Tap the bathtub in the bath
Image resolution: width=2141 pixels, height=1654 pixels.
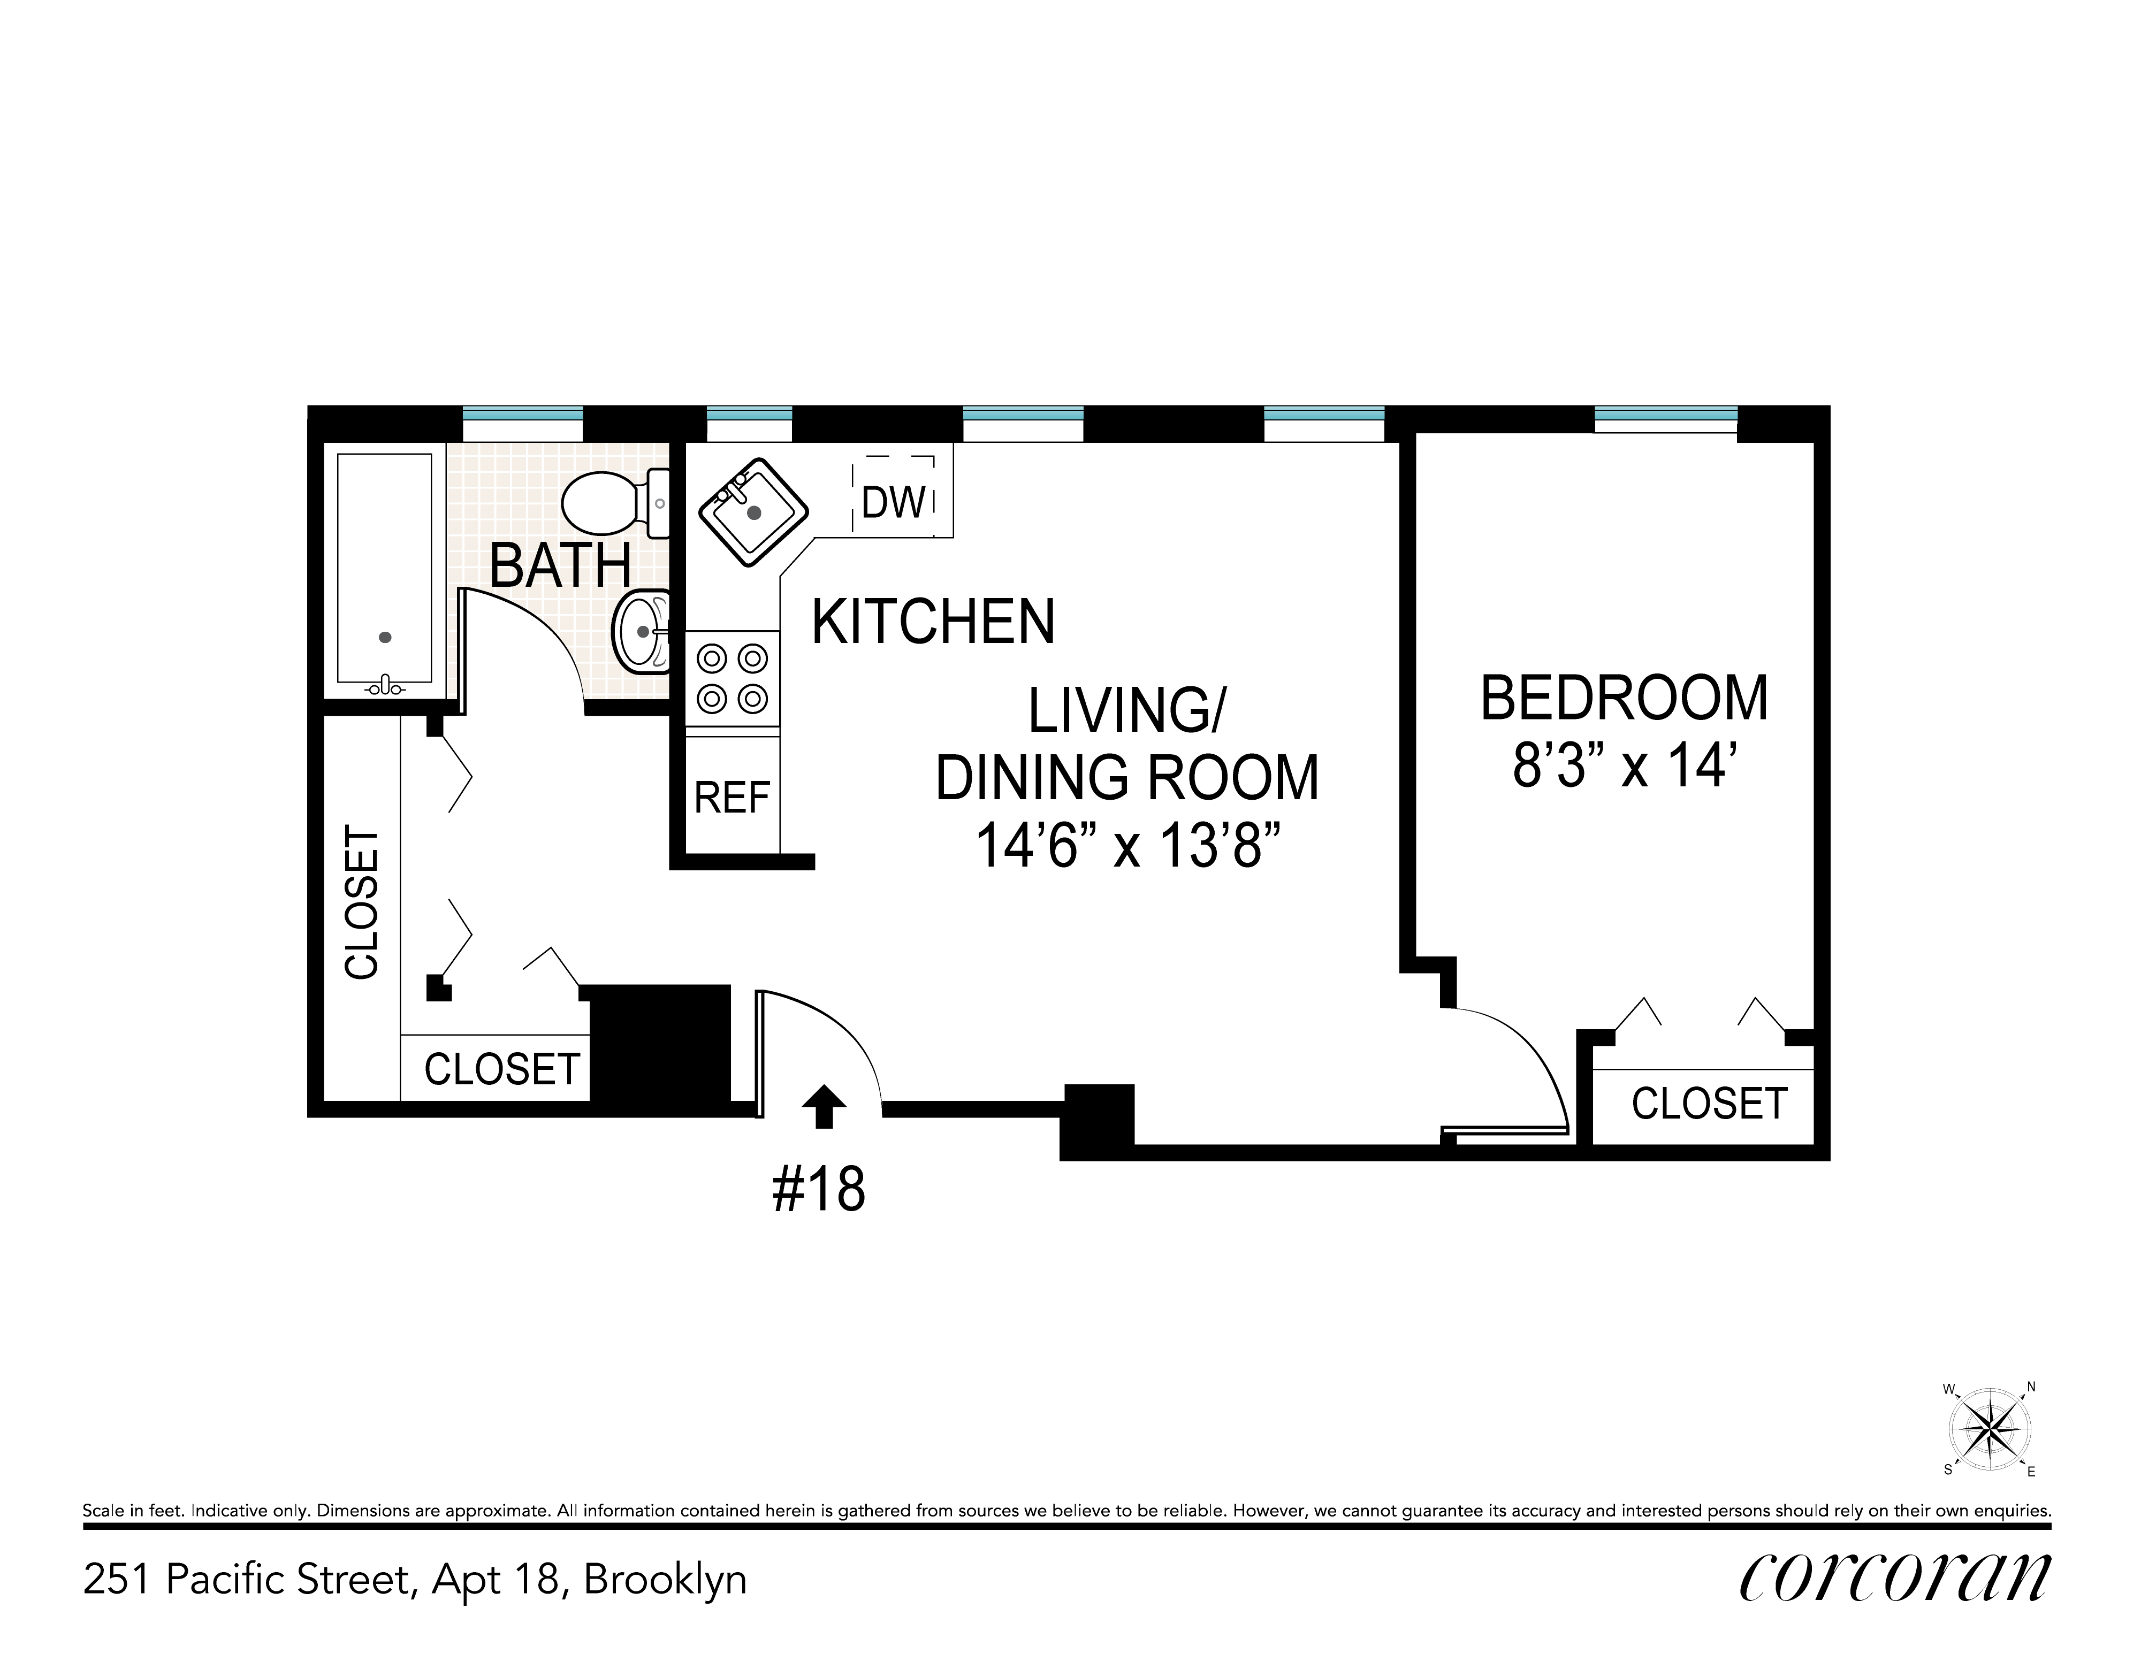384,573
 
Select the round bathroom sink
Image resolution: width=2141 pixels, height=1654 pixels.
642,632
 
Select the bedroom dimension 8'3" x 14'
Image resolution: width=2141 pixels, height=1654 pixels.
1625,765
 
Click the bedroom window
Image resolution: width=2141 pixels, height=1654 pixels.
1665,419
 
